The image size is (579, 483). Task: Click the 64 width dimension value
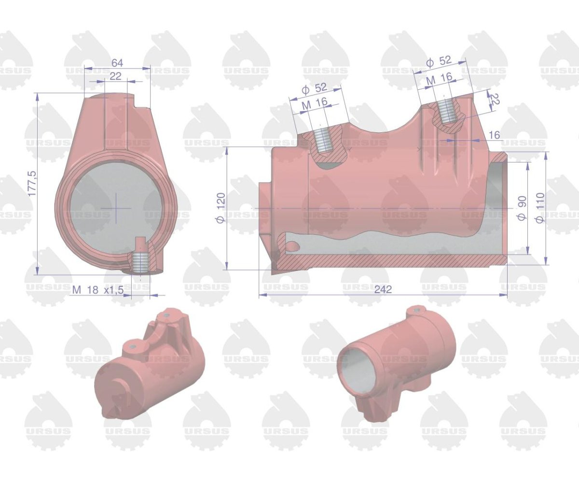[x=117, y=63]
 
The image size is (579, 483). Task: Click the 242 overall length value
[x=383, y=289]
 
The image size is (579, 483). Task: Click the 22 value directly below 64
[x=116, y=76]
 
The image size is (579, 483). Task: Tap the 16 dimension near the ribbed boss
[x=494, y=136]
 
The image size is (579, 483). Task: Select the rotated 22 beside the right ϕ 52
[x=495, y=99]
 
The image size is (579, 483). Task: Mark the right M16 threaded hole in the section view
[x=448, y=113]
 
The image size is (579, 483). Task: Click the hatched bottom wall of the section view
[x=386, y=261]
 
